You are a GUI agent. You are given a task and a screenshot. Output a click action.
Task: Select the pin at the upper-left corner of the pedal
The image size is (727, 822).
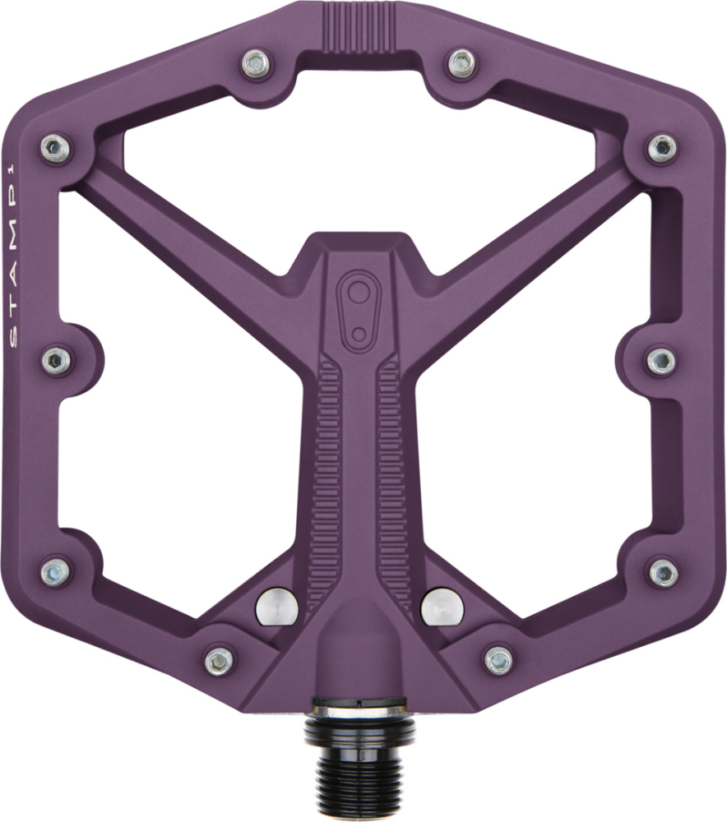pyautogui.click(x=56, y=148)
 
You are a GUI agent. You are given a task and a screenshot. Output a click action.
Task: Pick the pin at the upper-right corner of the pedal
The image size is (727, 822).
pyautogui.click(x=662, y=148)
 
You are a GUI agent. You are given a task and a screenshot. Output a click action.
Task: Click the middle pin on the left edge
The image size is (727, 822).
pyautogui.click(x=56, y=359)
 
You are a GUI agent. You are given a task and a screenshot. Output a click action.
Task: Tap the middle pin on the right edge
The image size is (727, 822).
pyautogui.click(x=660, y=360)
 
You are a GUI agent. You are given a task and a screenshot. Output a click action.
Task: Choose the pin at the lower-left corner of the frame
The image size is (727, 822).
pyautogui.click(x=55, y=570)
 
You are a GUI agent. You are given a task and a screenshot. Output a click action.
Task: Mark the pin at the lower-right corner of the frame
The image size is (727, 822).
pyautogui.click(x=663, y=571)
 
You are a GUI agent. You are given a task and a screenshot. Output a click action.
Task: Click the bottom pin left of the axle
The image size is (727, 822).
pyautogui.click(x=219, y=659)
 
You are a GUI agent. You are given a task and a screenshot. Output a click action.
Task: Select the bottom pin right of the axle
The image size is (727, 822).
pyautogui.click(x=498, y=658)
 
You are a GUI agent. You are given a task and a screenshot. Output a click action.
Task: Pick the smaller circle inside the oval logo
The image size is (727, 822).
pyautogui.click(x=359, y=331)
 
